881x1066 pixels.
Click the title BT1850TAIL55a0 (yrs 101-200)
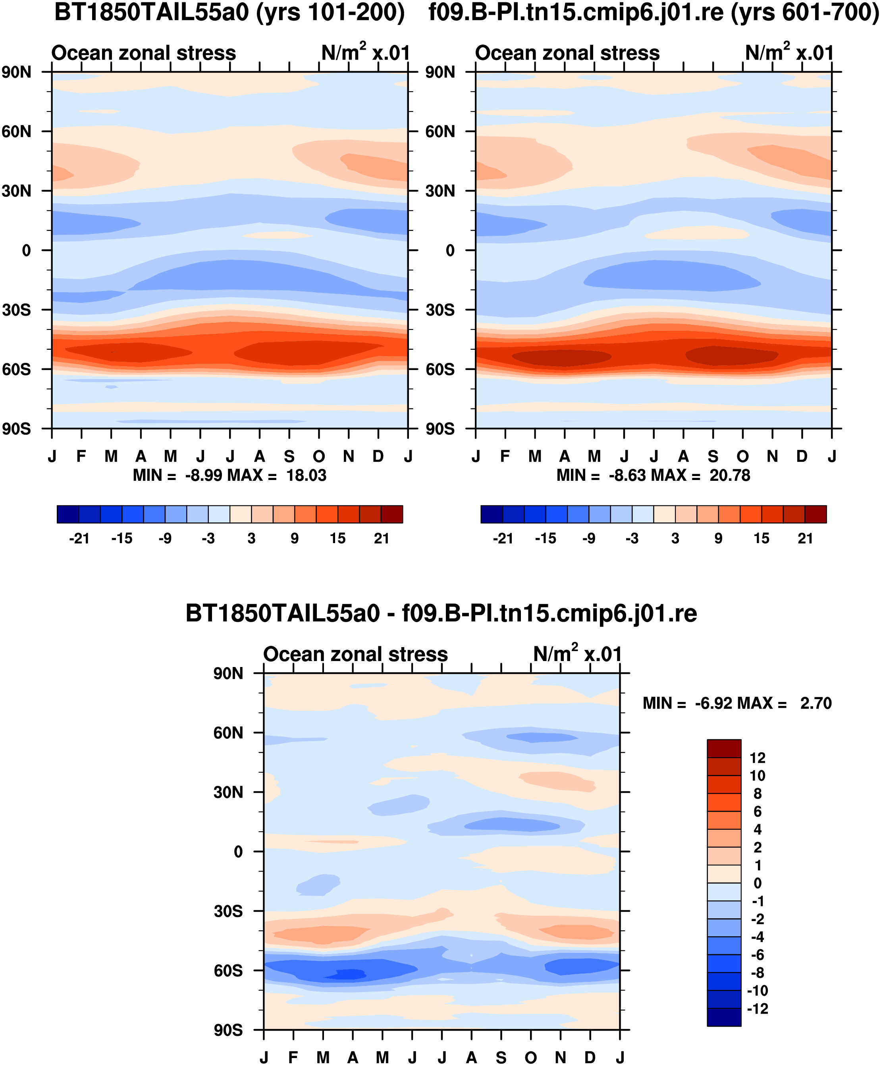(229, 12)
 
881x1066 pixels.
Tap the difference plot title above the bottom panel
(441, 613)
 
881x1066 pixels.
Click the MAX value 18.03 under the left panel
(306, 475)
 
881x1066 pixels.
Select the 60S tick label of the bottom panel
(228, 971)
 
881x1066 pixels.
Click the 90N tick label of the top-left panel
(16, 72)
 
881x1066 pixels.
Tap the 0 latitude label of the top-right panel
(450, 251)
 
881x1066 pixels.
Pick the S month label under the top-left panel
(289, 457)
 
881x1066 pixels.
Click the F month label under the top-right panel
(505, 457)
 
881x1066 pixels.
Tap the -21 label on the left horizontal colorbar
(79, 538)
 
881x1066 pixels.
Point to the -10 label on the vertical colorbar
(757, 991)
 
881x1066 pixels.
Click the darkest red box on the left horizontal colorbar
(392, 514)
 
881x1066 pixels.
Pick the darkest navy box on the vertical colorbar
(724, 1017)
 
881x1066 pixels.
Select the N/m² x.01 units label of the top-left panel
(365, 52)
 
